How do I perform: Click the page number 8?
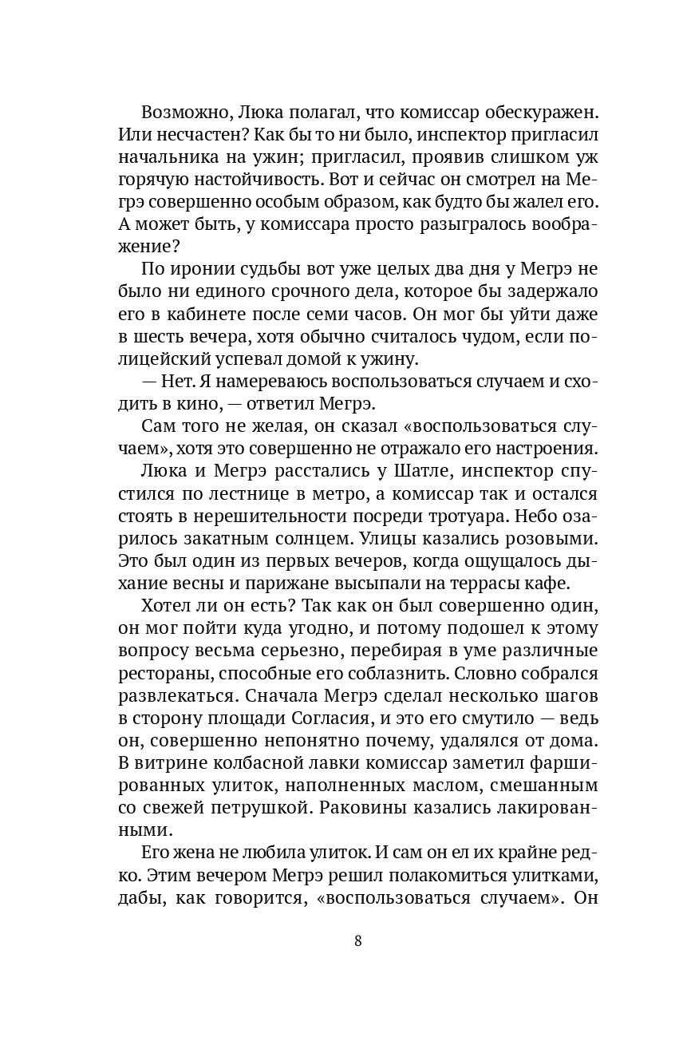tap(357, 940)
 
